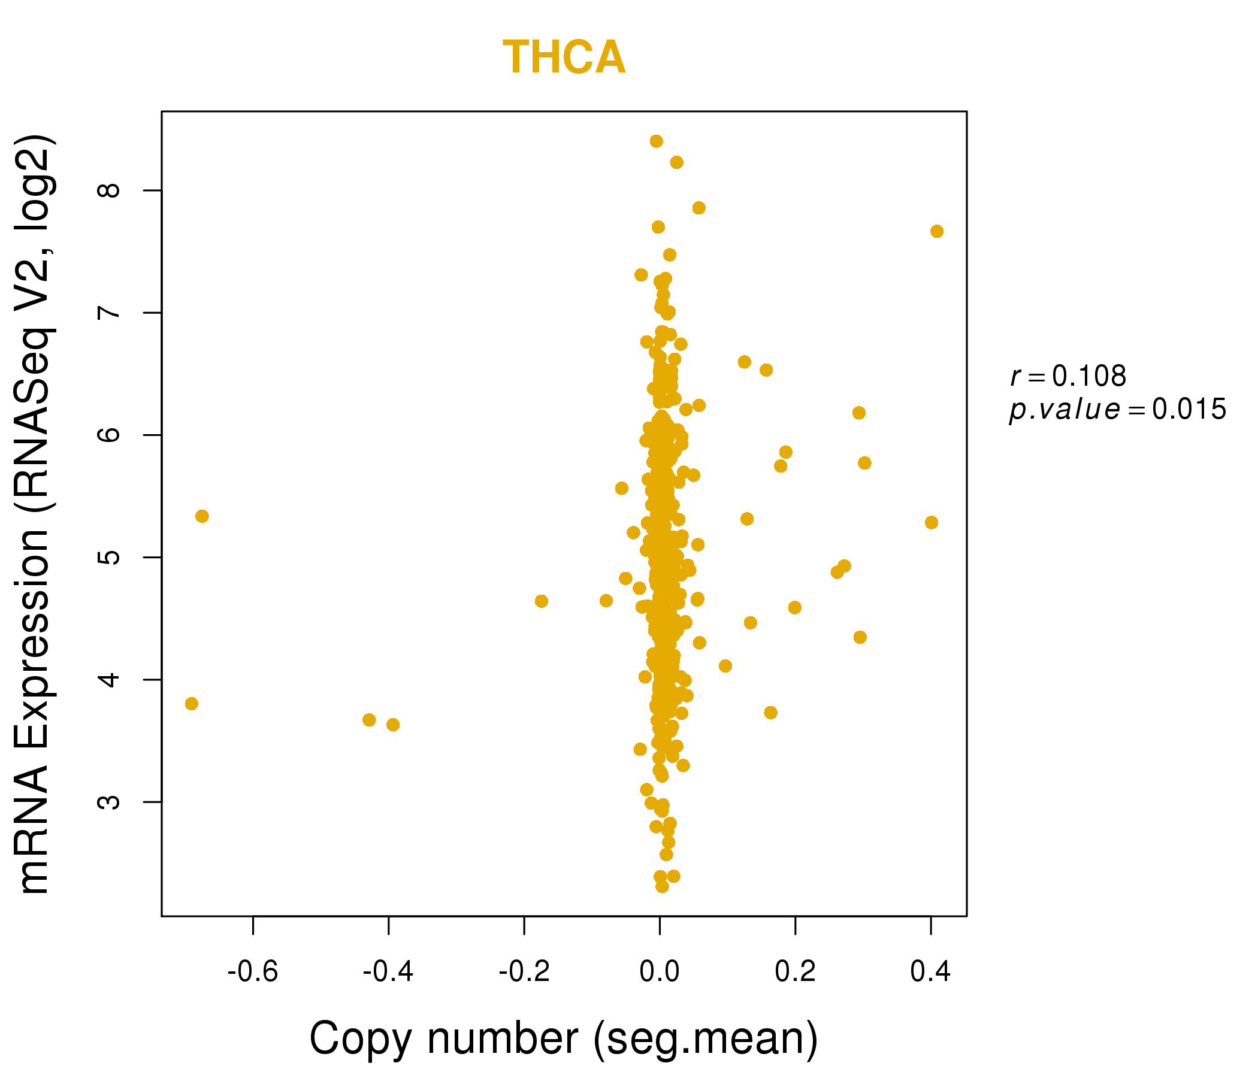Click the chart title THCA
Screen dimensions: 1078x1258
(564, 57)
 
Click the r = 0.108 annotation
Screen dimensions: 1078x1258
(1068, 377)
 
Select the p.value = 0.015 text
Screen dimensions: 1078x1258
(1117, 410)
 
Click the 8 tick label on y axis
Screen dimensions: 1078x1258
(109, 190)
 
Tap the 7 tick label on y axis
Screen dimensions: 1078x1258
(109, 313)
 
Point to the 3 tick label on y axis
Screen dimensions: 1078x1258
(109, 802)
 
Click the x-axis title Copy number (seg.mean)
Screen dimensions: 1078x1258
(564, 1038)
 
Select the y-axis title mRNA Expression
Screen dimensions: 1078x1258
(35, 513)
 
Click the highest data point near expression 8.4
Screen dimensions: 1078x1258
(657, 141)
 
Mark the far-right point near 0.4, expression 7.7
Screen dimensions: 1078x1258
(937, 231)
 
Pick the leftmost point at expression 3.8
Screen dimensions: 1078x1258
(191, 704)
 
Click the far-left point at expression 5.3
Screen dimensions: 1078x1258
(202, 516)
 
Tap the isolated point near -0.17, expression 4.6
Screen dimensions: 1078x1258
(542, 601)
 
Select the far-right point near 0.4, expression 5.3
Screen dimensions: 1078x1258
(932, 523)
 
